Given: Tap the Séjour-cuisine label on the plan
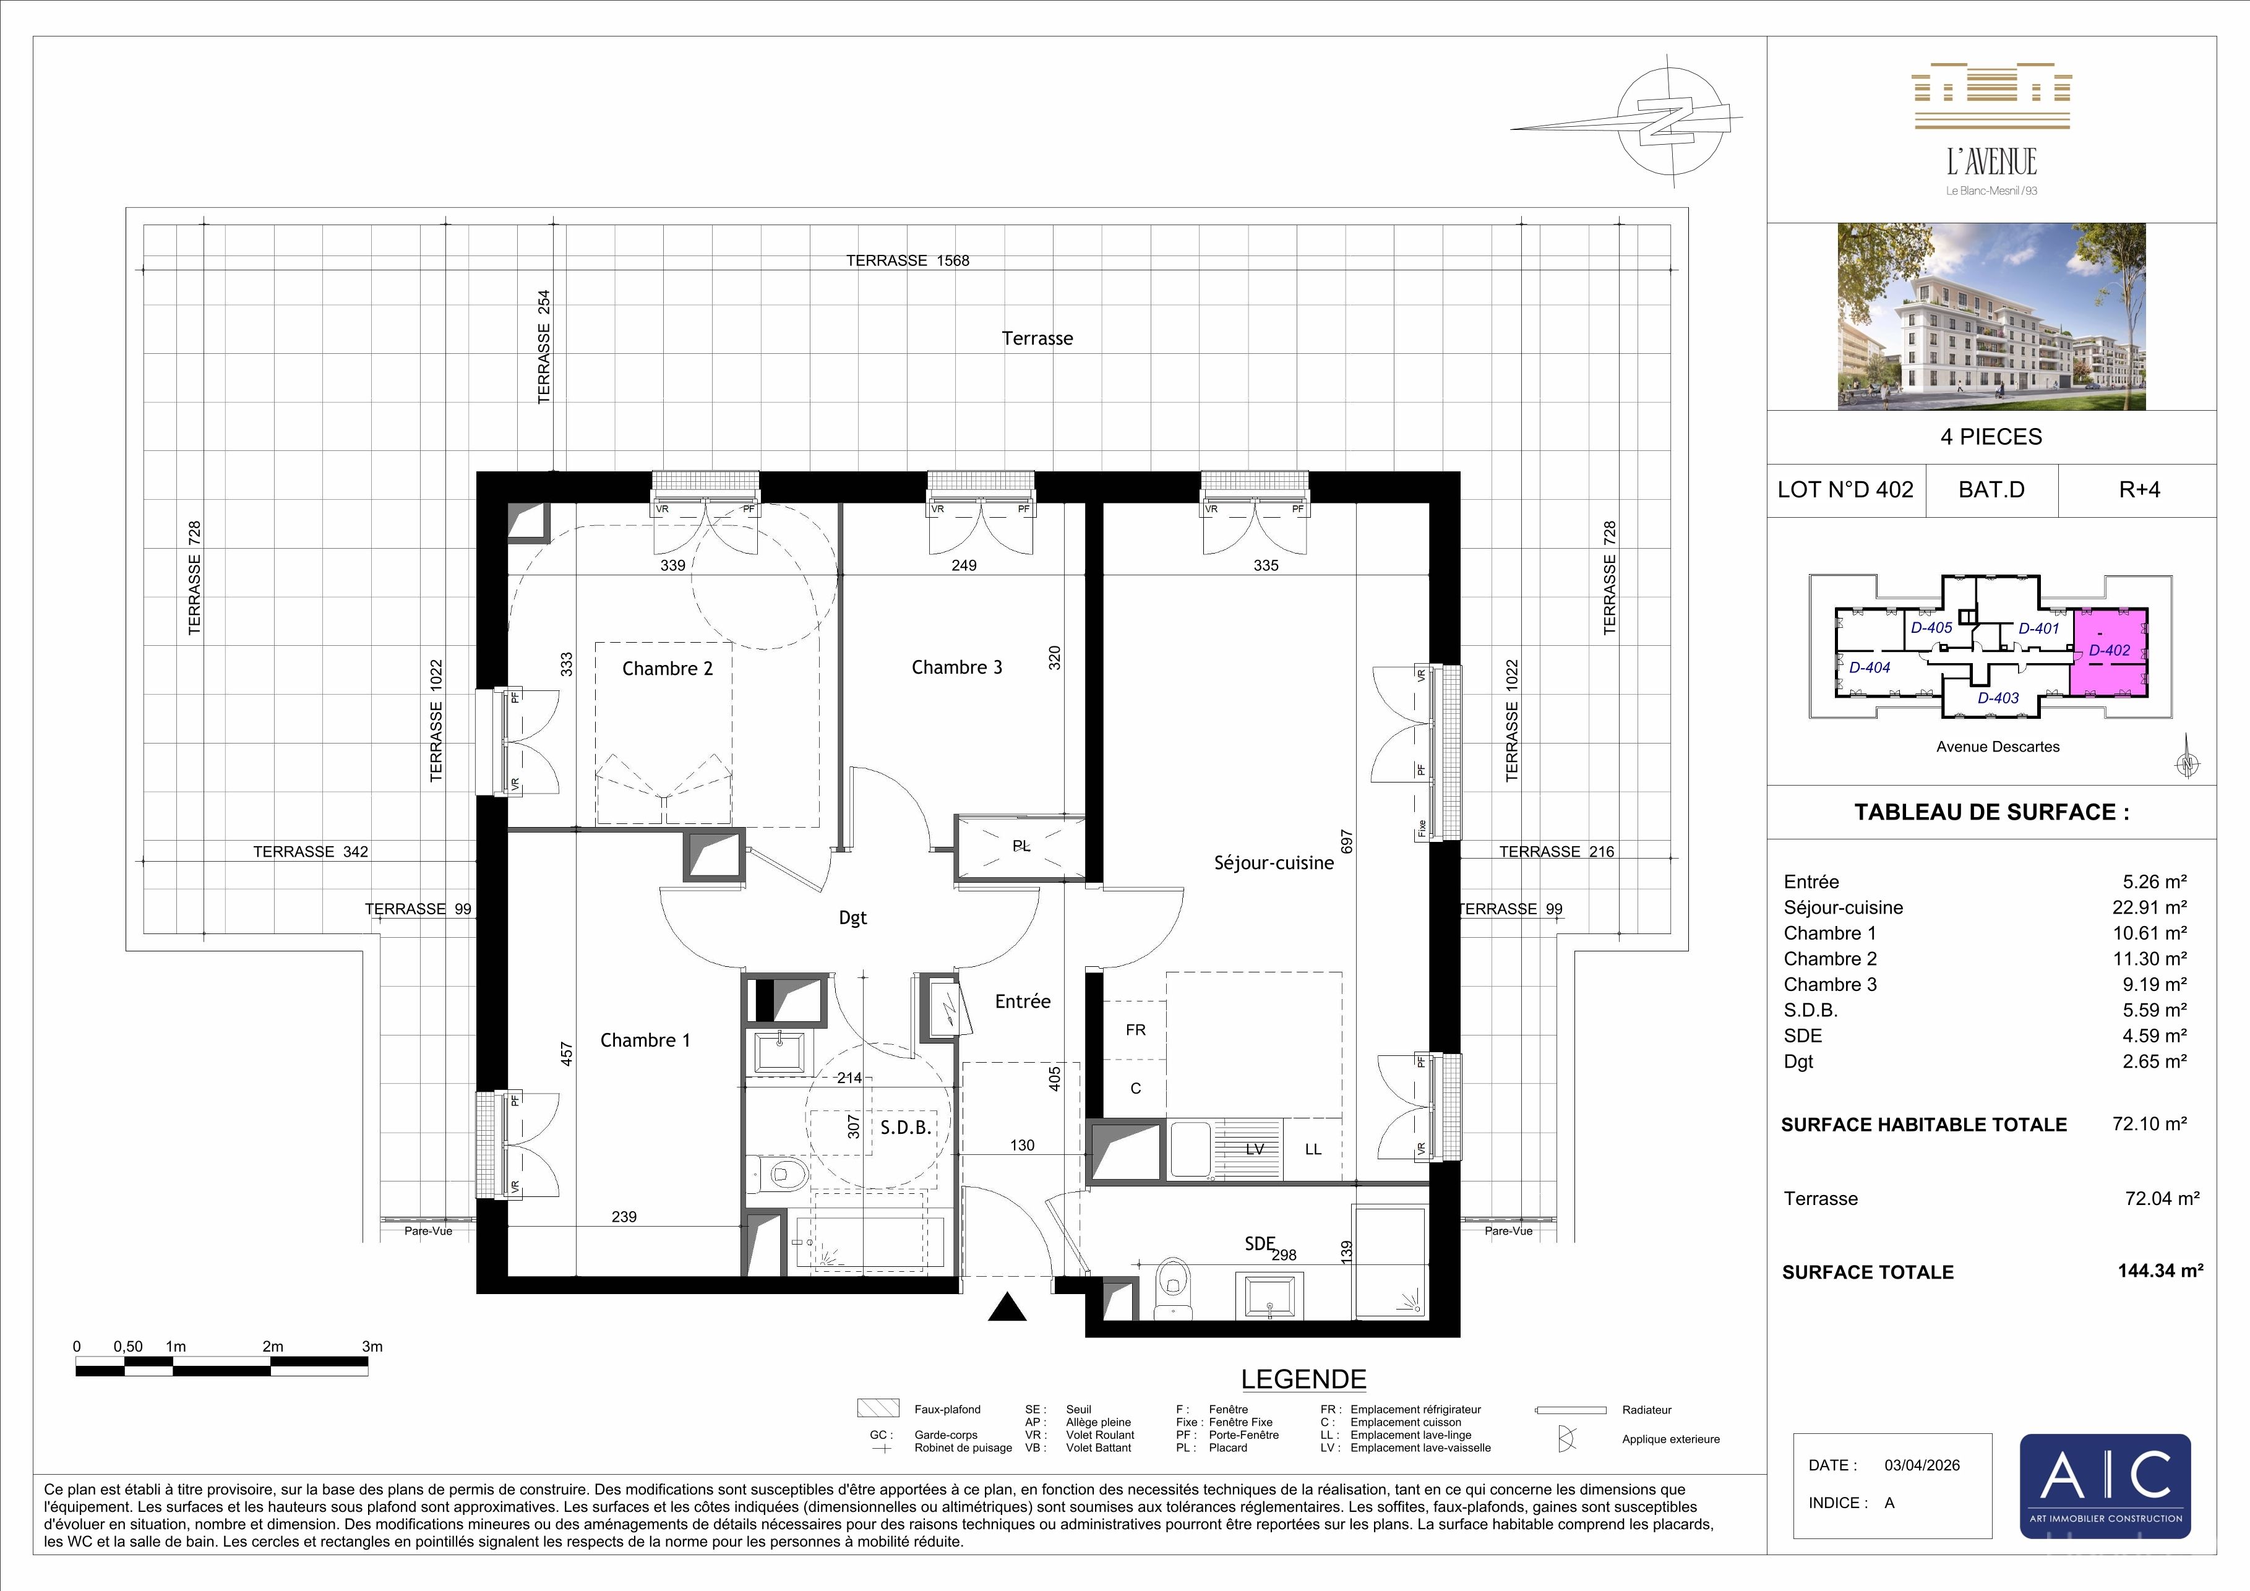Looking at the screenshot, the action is tap(1273, 863).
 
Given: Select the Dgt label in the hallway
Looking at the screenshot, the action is tap(852, 918).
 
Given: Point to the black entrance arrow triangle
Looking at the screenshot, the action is tap(1007, 1307).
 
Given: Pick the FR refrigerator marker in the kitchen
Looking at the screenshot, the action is tap(1136, 1030).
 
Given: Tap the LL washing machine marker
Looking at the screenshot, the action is tap(1313, 1149).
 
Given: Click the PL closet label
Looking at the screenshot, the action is tap(1021, 846).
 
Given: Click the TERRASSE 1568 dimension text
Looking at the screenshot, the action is tap(908, 260).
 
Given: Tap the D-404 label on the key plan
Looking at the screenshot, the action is tap(1869, 668).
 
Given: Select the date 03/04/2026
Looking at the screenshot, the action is tap(1922, 1465).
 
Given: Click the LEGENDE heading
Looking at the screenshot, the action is tap(1303, 1379).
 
